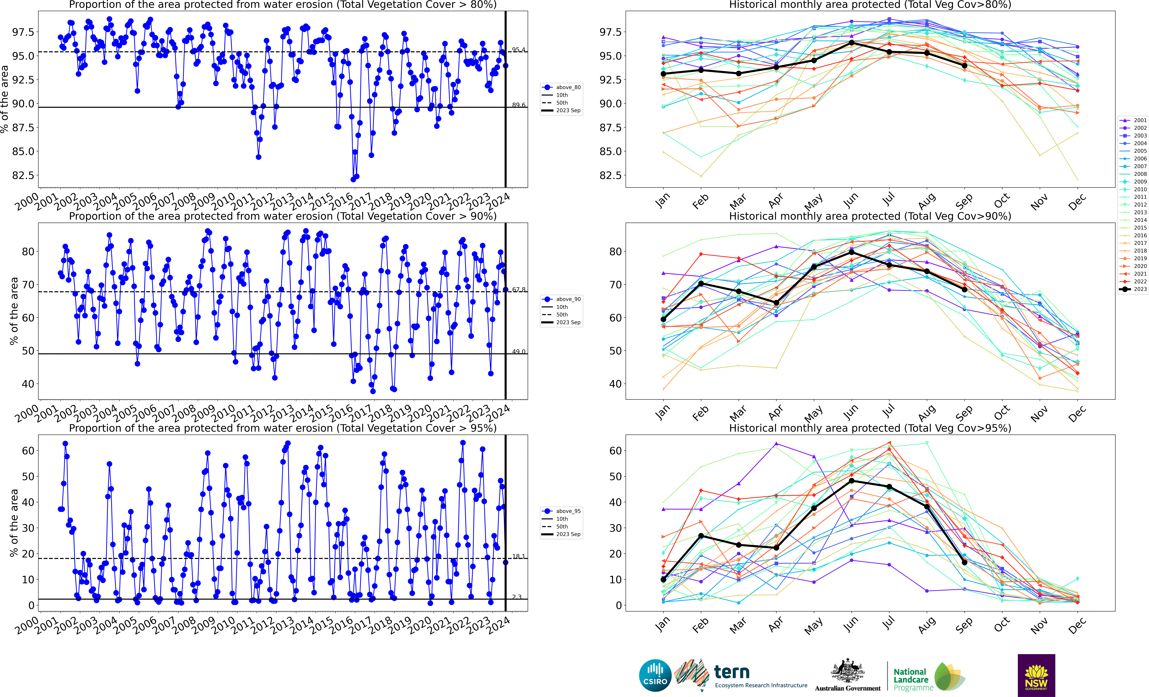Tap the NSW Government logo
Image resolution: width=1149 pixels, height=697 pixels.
[1036, 675]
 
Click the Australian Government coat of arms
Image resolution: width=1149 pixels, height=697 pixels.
[847, 671]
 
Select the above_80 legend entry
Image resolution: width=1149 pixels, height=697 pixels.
[568, 87]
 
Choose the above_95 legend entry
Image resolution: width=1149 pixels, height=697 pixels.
[568, 511]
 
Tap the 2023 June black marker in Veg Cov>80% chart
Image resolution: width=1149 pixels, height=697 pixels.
[851, 43]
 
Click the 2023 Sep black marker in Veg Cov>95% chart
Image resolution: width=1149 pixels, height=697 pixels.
[964, 562]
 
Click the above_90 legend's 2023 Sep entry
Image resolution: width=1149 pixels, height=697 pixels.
[568, 322]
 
